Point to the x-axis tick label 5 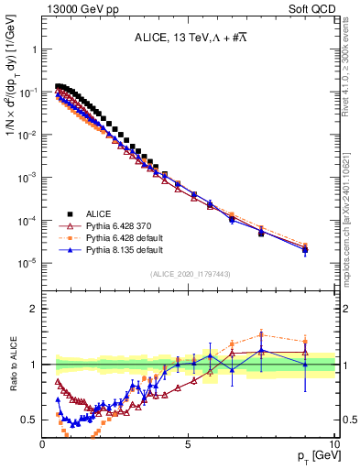(188, 444)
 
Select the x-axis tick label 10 (333, 444)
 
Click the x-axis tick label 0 (43, 444)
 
